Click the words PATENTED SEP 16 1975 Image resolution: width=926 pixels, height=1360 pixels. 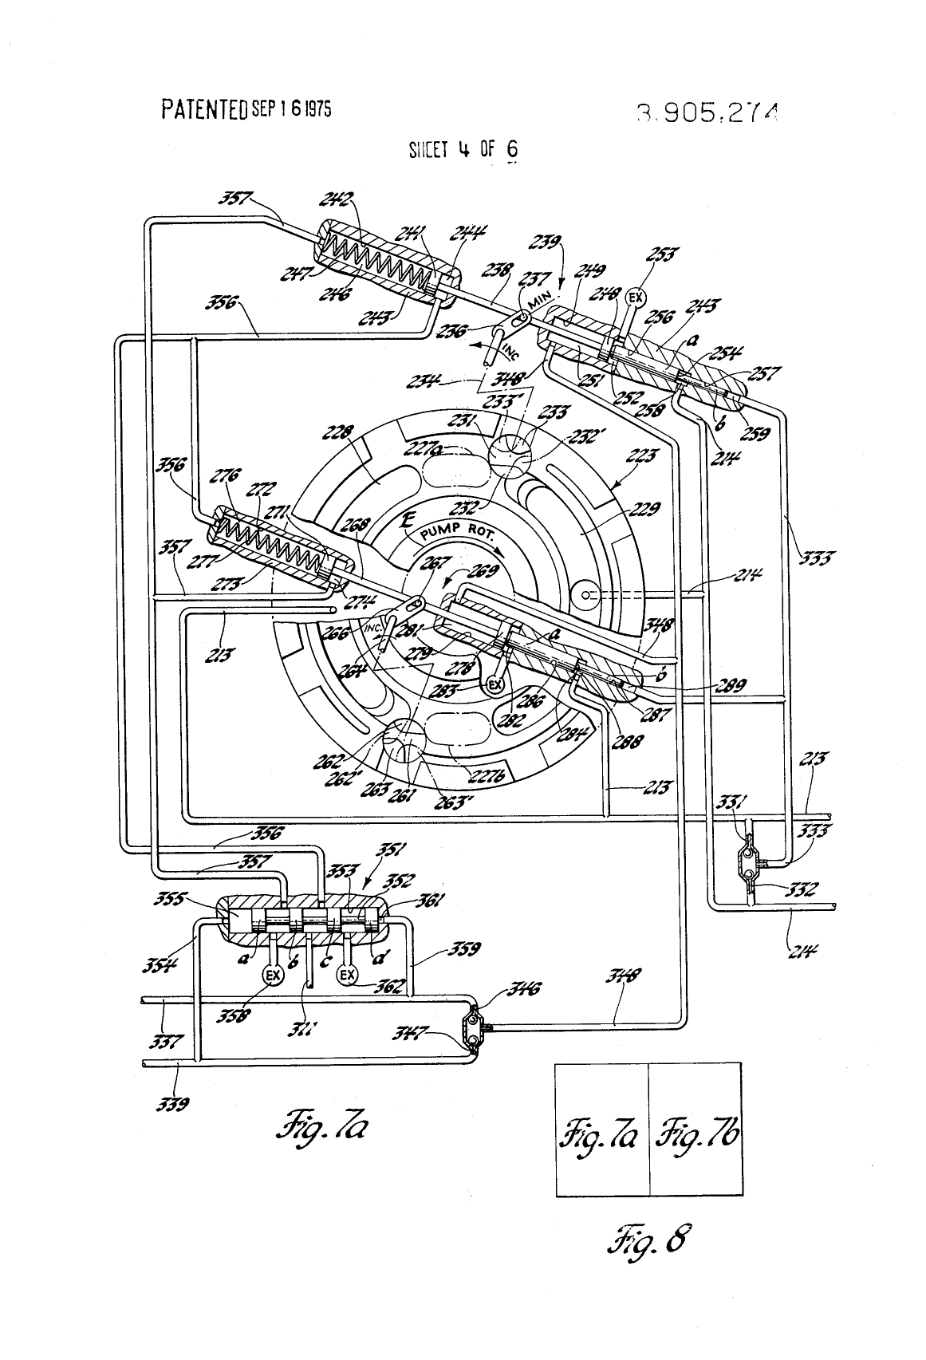246,108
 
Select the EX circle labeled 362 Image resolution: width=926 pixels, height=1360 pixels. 347,975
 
